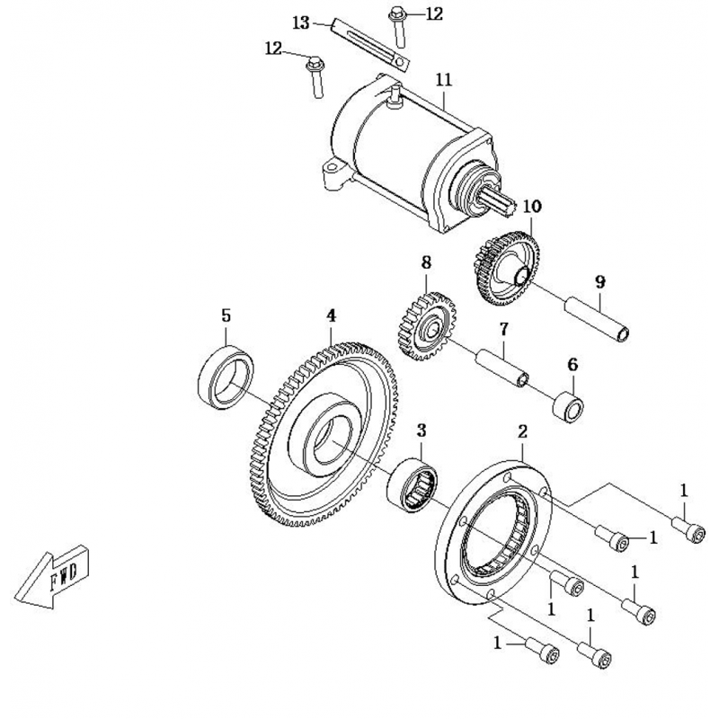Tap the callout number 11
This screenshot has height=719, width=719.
[x=442, y=81]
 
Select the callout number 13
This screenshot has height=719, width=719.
[x=301, y=21]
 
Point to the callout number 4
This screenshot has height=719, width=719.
[x=331, y=315]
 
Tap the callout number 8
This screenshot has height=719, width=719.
[x=426, y=262]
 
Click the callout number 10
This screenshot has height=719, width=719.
[x=532, y=207]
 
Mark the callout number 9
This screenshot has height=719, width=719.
[x=599, y=281]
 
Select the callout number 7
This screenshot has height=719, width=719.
[x=504, y=329]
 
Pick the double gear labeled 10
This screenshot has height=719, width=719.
[x=503, y=265]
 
